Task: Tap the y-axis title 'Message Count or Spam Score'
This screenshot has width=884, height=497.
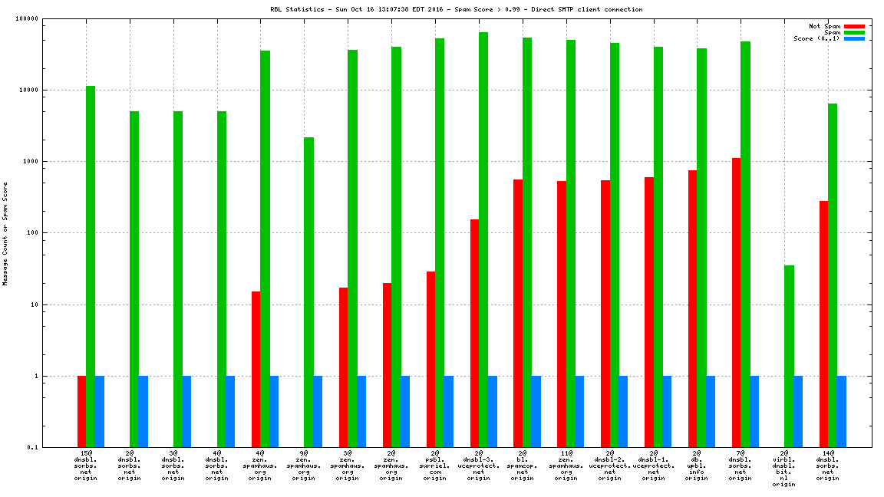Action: click(5, 233)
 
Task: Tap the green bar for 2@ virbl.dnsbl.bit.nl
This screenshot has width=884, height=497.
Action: click(789, 356)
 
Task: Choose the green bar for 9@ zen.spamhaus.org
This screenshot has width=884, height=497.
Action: click(308, 292)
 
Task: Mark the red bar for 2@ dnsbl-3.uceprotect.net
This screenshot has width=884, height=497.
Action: click(475, 333)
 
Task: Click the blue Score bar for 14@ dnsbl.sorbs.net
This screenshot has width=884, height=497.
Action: click(841, 411)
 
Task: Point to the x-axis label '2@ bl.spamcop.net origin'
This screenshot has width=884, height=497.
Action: click(523, 465)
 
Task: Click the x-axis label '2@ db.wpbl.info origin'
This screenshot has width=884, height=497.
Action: click(697, 465)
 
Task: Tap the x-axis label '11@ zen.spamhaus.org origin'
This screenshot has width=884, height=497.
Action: click(566, 465)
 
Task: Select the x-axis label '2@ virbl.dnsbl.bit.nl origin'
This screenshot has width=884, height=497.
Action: click(784, 468)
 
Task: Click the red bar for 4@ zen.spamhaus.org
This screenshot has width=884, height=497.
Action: click(256, 369)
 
